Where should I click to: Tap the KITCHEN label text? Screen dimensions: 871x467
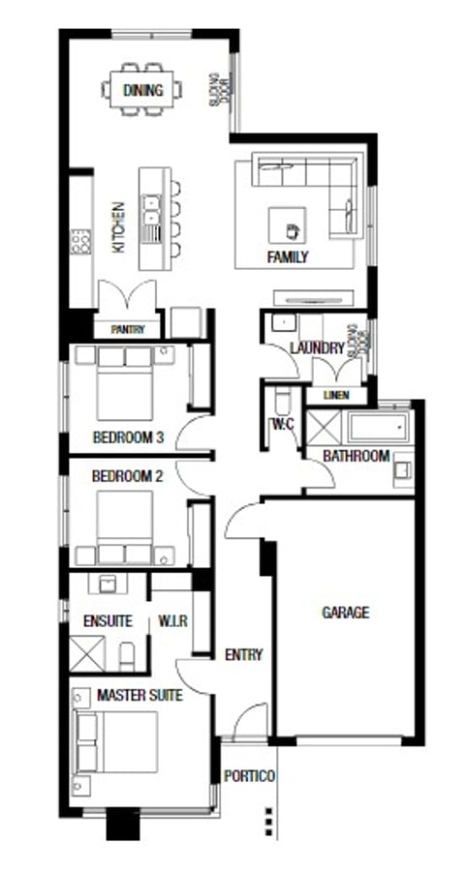click(118, 226)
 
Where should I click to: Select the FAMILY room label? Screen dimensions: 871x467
click(288, 257)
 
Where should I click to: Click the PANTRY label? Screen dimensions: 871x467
click(127, 330)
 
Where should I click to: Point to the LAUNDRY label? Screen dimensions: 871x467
click(317, 348)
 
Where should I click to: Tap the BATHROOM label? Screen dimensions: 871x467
click(356, 456)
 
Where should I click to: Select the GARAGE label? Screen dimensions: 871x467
click(345, 613)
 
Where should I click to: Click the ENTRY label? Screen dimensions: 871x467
click(243, 655)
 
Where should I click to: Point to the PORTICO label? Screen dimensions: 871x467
click(249, 776)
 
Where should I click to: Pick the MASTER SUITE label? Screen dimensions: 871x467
click(140, 695)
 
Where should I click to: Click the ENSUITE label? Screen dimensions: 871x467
click(108, 620)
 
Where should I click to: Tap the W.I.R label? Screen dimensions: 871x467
click(171, 620)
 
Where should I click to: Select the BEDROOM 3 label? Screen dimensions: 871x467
click(127, 437)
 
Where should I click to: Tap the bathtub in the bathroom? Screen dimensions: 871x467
click(379, 426)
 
